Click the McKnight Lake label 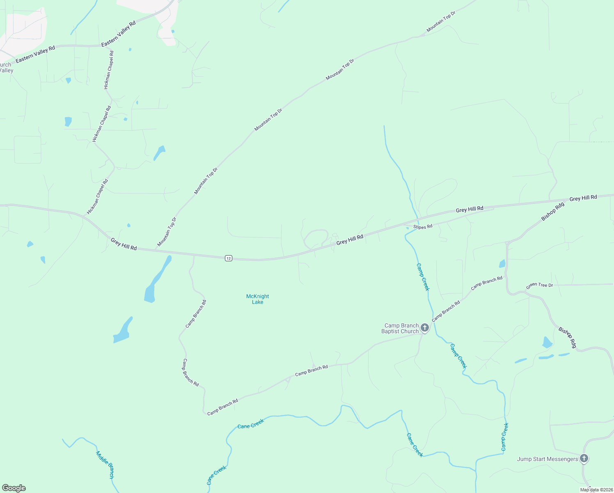point(257,299)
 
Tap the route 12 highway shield point(229,258)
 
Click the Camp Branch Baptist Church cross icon point(425,328)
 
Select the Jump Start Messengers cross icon point(584,458)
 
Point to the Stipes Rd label point(423,227)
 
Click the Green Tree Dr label point(539,285)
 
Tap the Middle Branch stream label point(105,465)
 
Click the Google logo point(14,488)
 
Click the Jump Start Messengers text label point(548,459)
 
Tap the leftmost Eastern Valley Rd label point(35,55)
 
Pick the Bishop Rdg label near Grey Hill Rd point(552,212)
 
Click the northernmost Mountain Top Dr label point(441,22)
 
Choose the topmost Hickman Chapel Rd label point(109,70)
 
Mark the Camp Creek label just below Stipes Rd point(423,277)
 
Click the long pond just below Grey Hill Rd point(157,279)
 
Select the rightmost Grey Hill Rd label point(583,198)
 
